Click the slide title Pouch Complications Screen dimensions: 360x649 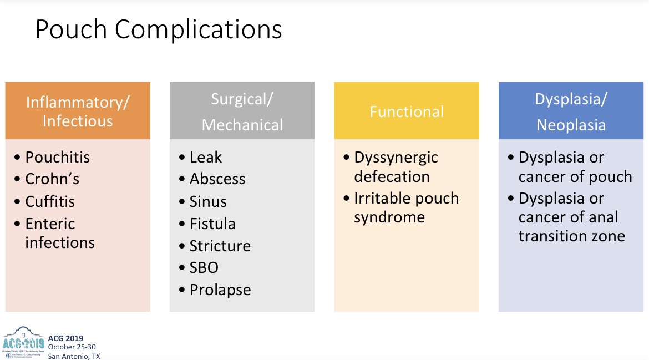pos(158,31)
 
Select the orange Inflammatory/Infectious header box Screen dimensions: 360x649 pos(78,111)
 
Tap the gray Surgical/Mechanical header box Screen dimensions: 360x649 pos(242,111)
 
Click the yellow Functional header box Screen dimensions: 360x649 pos(407,111)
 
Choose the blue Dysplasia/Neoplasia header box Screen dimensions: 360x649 pos(571,111)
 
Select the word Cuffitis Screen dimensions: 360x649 pos(49,201)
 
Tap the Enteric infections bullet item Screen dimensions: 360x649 pos(59,233)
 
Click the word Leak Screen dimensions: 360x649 pos(205,158)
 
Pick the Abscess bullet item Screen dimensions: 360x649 pos(217,179)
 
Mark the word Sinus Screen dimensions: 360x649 pos(208,201)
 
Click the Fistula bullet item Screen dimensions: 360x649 pos(212,224)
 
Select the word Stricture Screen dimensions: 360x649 pos(220,246)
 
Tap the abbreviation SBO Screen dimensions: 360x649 pos(204,267)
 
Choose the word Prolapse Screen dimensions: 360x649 pos(220,290)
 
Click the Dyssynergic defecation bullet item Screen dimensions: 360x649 pos(396,167)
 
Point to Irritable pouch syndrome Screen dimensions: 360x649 pos(406,207)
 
